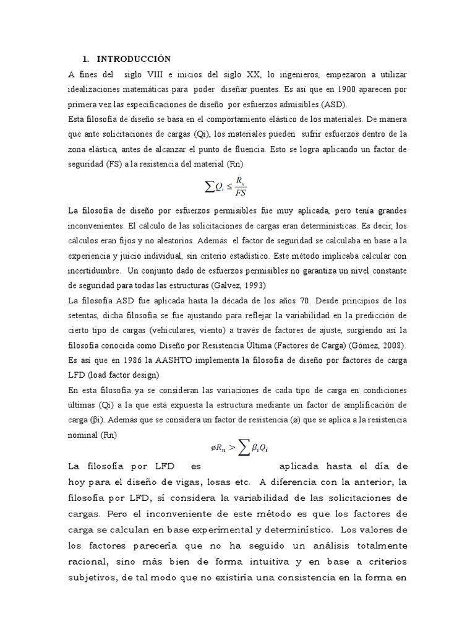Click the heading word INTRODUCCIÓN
[x=134, y=59]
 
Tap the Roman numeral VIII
[x=153, y=74]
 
